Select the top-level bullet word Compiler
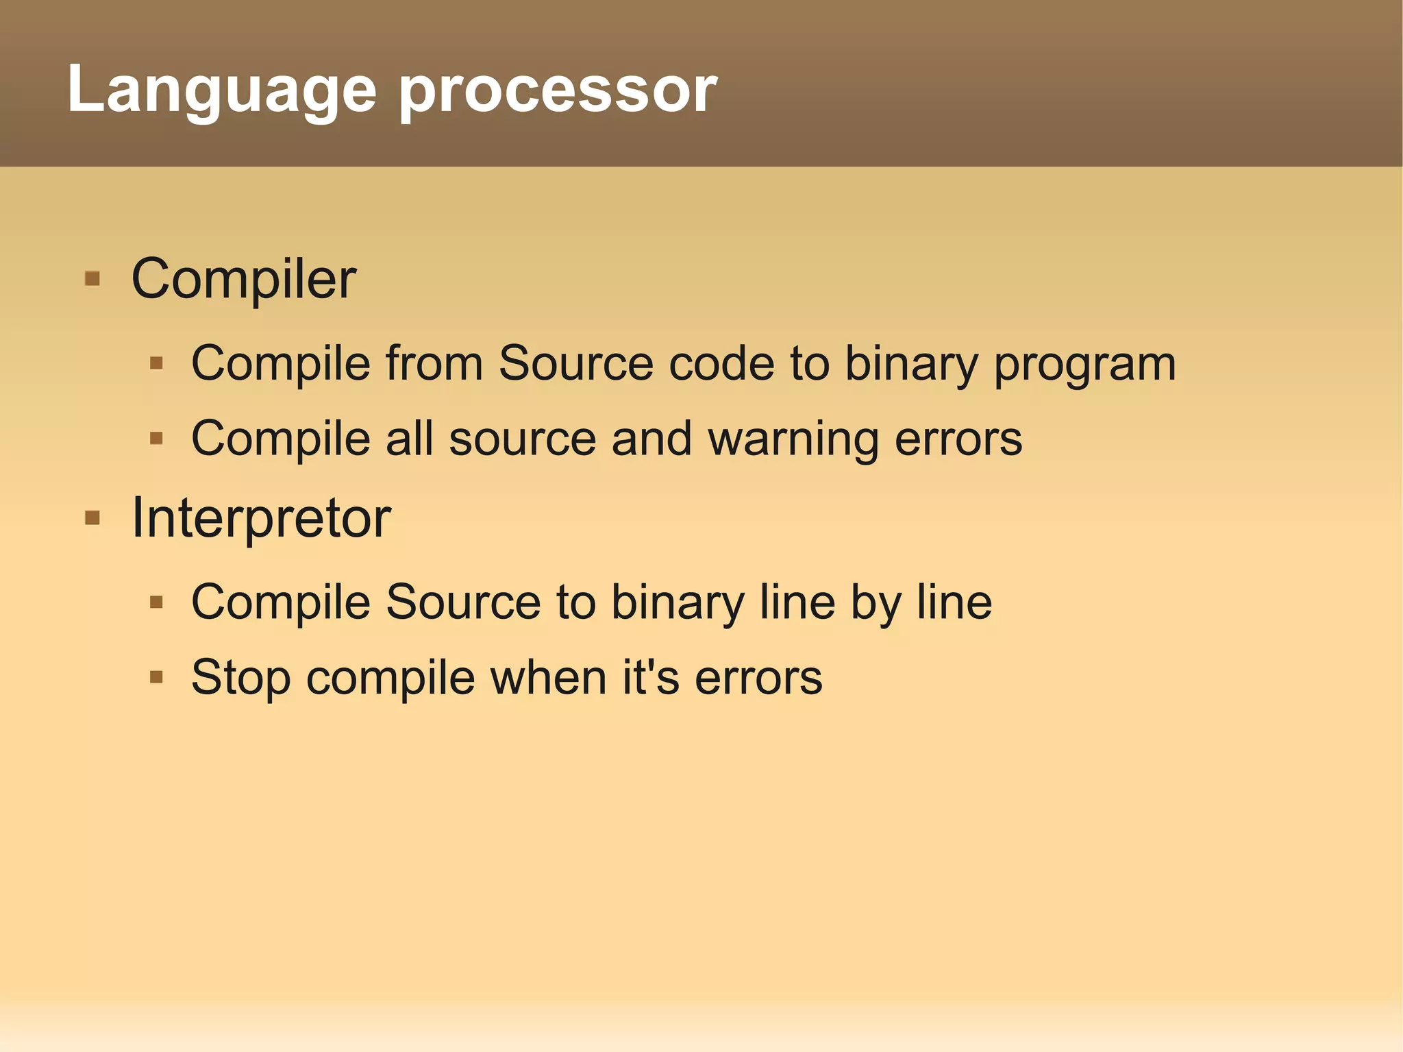point(243,280)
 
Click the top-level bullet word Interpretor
point(261,518)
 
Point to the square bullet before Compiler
point(92,279)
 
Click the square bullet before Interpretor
point(92,517)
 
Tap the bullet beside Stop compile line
point(156,678)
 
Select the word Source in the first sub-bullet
point(575,363)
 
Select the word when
point(549,677)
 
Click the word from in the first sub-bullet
point(434,363)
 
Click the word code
point(721,363)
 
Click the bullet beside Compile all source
point(156,438)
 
